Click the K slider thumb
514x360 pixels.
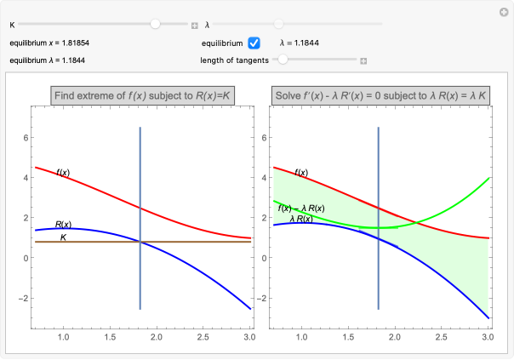155,25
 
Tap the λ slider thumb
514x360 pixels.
279,25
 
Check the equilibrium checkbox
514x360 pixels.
254,43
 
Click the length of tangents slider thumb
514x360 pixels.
283,60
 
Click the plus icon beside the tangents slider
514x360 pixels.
363,60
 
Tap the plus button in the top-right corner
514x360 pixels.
502,11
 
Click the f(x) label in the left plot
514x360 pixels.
63,173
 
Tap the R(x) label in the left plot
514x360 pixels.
63,225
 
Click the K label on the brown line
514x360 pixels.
63,237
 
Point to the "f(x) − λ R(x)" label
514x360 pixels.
304,209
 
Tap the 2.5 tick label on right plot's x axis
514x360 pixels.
440,338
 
